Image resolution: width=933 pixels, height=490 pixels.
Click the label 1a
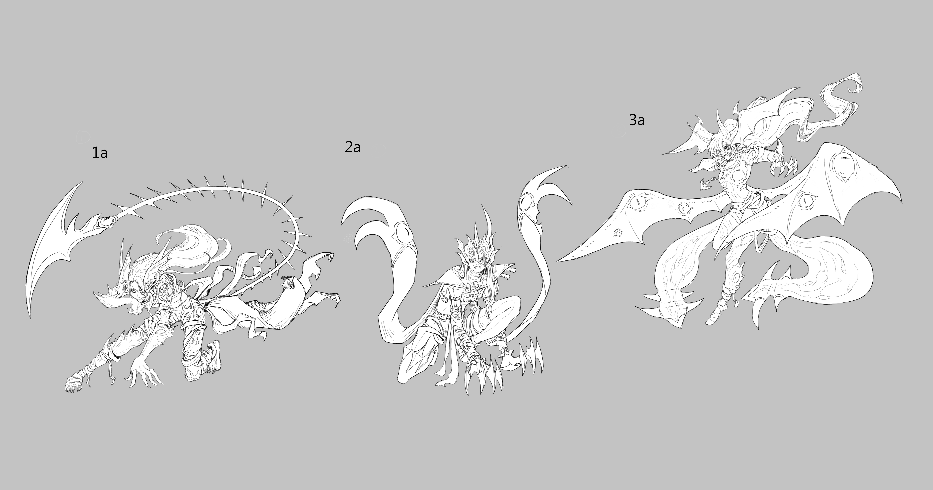(x=100, y=153)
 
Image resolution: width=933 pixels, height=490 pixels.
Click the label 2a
(x=352, y=147)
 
